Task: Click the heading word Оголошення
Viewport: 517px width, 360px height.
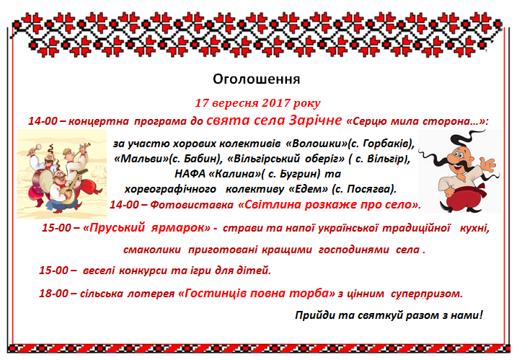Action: point(256,79)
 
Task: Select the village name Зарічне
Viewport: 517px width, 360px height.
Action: point(315,120)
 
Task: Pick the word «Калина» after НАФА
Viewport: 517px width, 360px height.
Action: point(235,174)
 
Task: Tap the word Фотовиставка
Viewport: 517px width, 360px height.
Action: point(192,205)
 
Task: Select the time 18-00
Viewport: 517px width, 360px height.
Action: point(53,293)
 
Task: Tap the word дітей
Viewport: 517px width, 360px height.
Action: point(254,271)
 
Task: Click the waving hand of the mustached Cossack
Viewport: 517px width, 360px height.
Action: point(487,164)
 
